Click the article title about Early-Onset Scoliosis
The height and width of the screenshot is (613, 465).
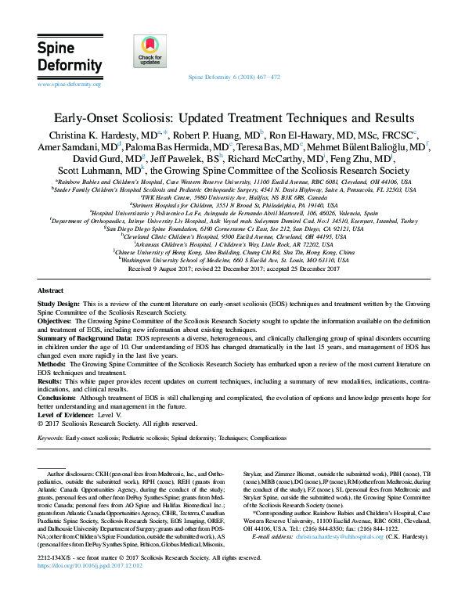click(x=232, y=118)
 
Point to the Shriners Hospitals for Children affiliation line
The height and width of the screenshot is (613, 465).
click(x=232, y=205)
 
